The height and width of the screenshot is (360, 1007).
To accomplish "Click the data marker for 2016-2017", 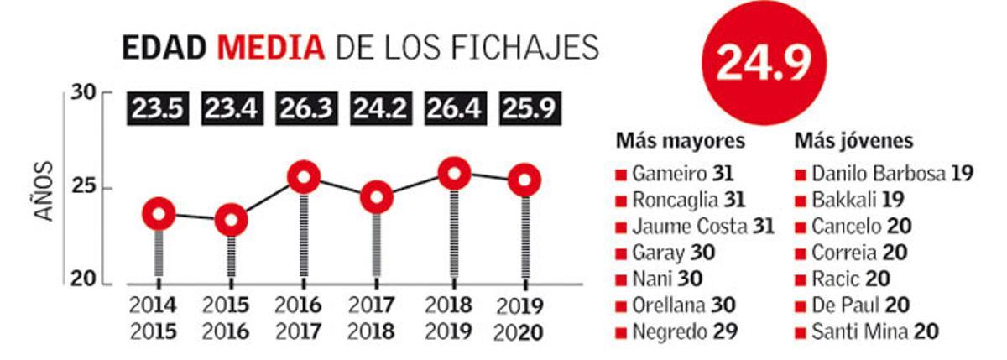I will [x=305, y=177].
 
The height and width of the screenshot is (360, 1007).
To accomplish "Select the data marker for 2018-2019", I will [x=454, y=173].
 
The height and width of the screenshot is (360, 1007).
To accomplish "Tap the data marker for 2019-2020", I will [x=526, y=180].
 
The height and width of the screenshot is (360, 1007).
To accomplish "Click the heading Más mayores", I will [x=680, y=140].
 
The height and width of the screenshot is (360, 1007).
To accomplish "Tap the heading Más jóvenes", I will [x=854, y=140].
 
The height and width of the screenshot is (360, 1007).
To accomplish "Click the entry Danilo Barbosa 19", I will [x=891, y=175].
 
